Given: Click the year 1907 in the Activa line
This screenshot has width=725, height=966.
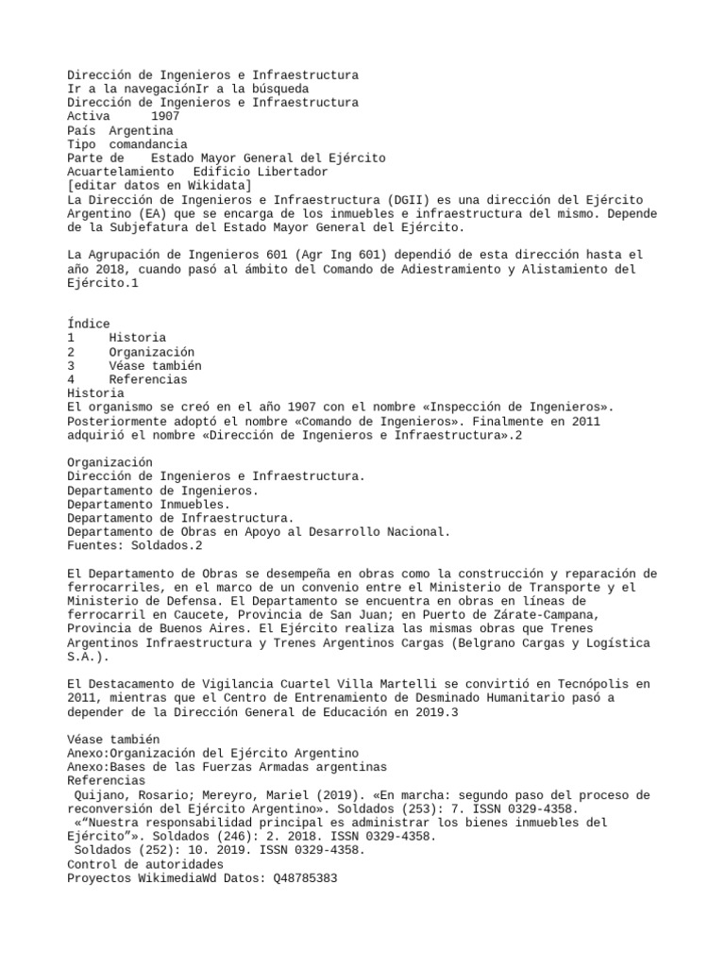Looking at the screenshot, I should tap(165, 116).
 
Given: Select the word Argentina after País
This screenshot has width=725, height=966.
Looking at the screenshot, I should tap(141, 130).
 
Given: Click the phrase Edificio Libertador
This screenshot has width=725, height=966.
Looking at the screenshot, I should tap(260, 173).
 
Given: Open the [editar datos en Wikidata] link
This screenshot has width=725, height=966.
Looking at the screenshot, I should tap(160, 186).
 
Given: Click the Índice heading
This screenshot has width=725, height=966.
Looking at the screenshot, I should tap(89, 324).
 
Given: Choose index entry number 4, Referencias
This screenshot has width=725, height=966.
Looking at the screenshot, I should tap(147, 379).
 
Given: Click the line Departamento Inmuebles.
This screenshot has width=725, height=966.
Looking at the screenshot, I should tap(148, 505).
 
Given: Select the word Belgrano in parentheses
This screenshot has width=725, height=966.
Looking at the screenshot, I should tap(495, 643).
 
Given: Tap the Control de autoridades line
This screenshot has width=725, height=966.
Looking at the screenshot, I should tap(145, 864).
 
